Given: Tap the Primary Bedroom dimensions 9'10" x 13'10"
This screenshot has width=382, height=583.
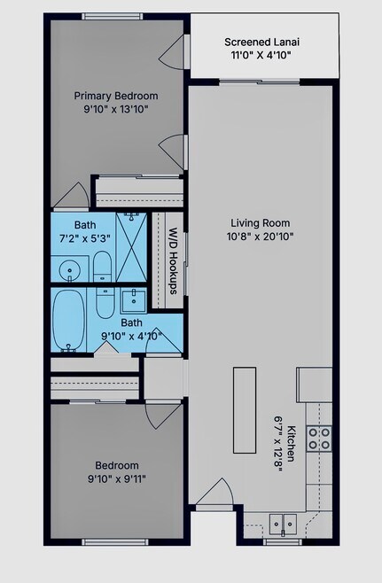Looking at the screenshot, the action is pyautogui.click(x=116, y=109).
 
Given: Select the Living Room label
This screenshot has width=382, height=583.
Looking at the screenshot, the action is pyautogui.click(x=261, y=223).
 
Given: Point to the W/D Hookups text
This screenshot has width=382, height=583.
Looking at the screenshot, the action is pyautogui.click(x=174, y=260).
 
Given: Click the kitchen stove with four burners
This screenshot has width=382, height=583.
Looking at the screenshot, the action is pyautogui.click(x=319, y=439).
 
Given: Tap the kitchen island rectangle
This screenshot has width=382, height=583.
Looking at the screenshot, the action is pyautogui.click(x=245, y=410).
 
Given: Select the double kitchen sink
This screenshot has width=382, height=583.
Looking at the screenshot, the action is pyautogui.click(x=283, y=525).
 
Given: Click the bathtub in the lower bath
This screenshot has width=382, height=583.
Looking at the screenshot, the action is pyautogui.click(x=68, y=321).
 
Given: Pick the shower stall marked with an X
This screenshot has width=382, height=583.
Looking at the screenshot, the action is pyautogui.click(x=131, y=247).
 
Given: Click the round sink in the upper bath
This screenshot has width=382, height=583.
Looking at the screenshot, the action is pyautogui.click(x=69, y=268).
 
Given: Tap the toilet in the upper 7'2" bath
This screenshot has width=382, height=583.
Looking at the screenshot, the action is pyautogui.click(x=102, y=266).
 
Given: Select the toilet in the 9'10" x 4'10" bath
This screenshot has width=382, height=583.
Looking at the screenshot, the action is pyautogui.click(x=105, y=303).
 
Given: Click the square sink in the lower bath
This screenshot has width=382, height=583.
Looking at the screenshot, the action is pyautogui.click(x=133, y=301).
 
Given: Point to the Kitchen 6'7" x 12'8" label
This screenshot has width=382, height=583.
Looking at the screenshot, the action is pyautogui.click(x=285, y=444).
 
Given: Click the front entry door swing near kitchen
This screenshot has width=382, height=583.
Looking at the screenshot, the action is pyautogui.click(x=214, y=492).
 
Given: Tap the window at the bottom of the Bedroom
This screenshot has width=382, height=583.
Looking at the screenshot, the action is pyautogui.click(x=115, y=542).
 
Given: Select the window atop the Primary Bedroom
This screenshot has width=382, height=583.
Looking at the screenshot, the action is pyautogui.click(x=113, y=16).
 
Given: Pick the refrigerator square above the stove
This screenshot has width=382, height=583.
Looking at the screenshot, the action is pyautogui.click(x=315, y=385).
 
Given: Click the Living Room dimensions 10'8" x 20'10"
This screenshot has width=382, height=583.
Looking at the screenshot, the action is pyautogui.click(x=261, y=237).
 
